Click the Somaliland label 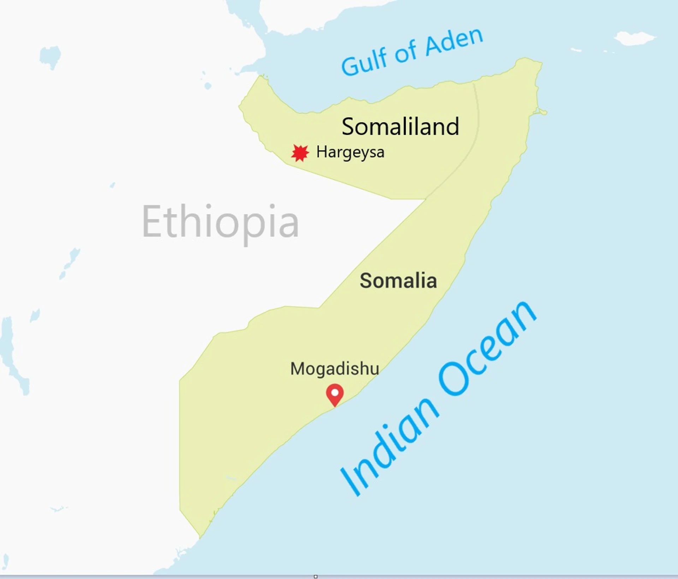400,127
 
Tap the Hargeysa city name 350,153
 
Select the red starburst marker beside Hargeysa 300,153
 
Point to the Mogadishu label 334,369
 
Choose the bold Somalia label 398,281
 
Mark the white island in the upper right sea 634,38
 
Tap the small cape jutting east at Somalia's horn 542,112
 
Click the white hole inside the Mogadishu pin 335,392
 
